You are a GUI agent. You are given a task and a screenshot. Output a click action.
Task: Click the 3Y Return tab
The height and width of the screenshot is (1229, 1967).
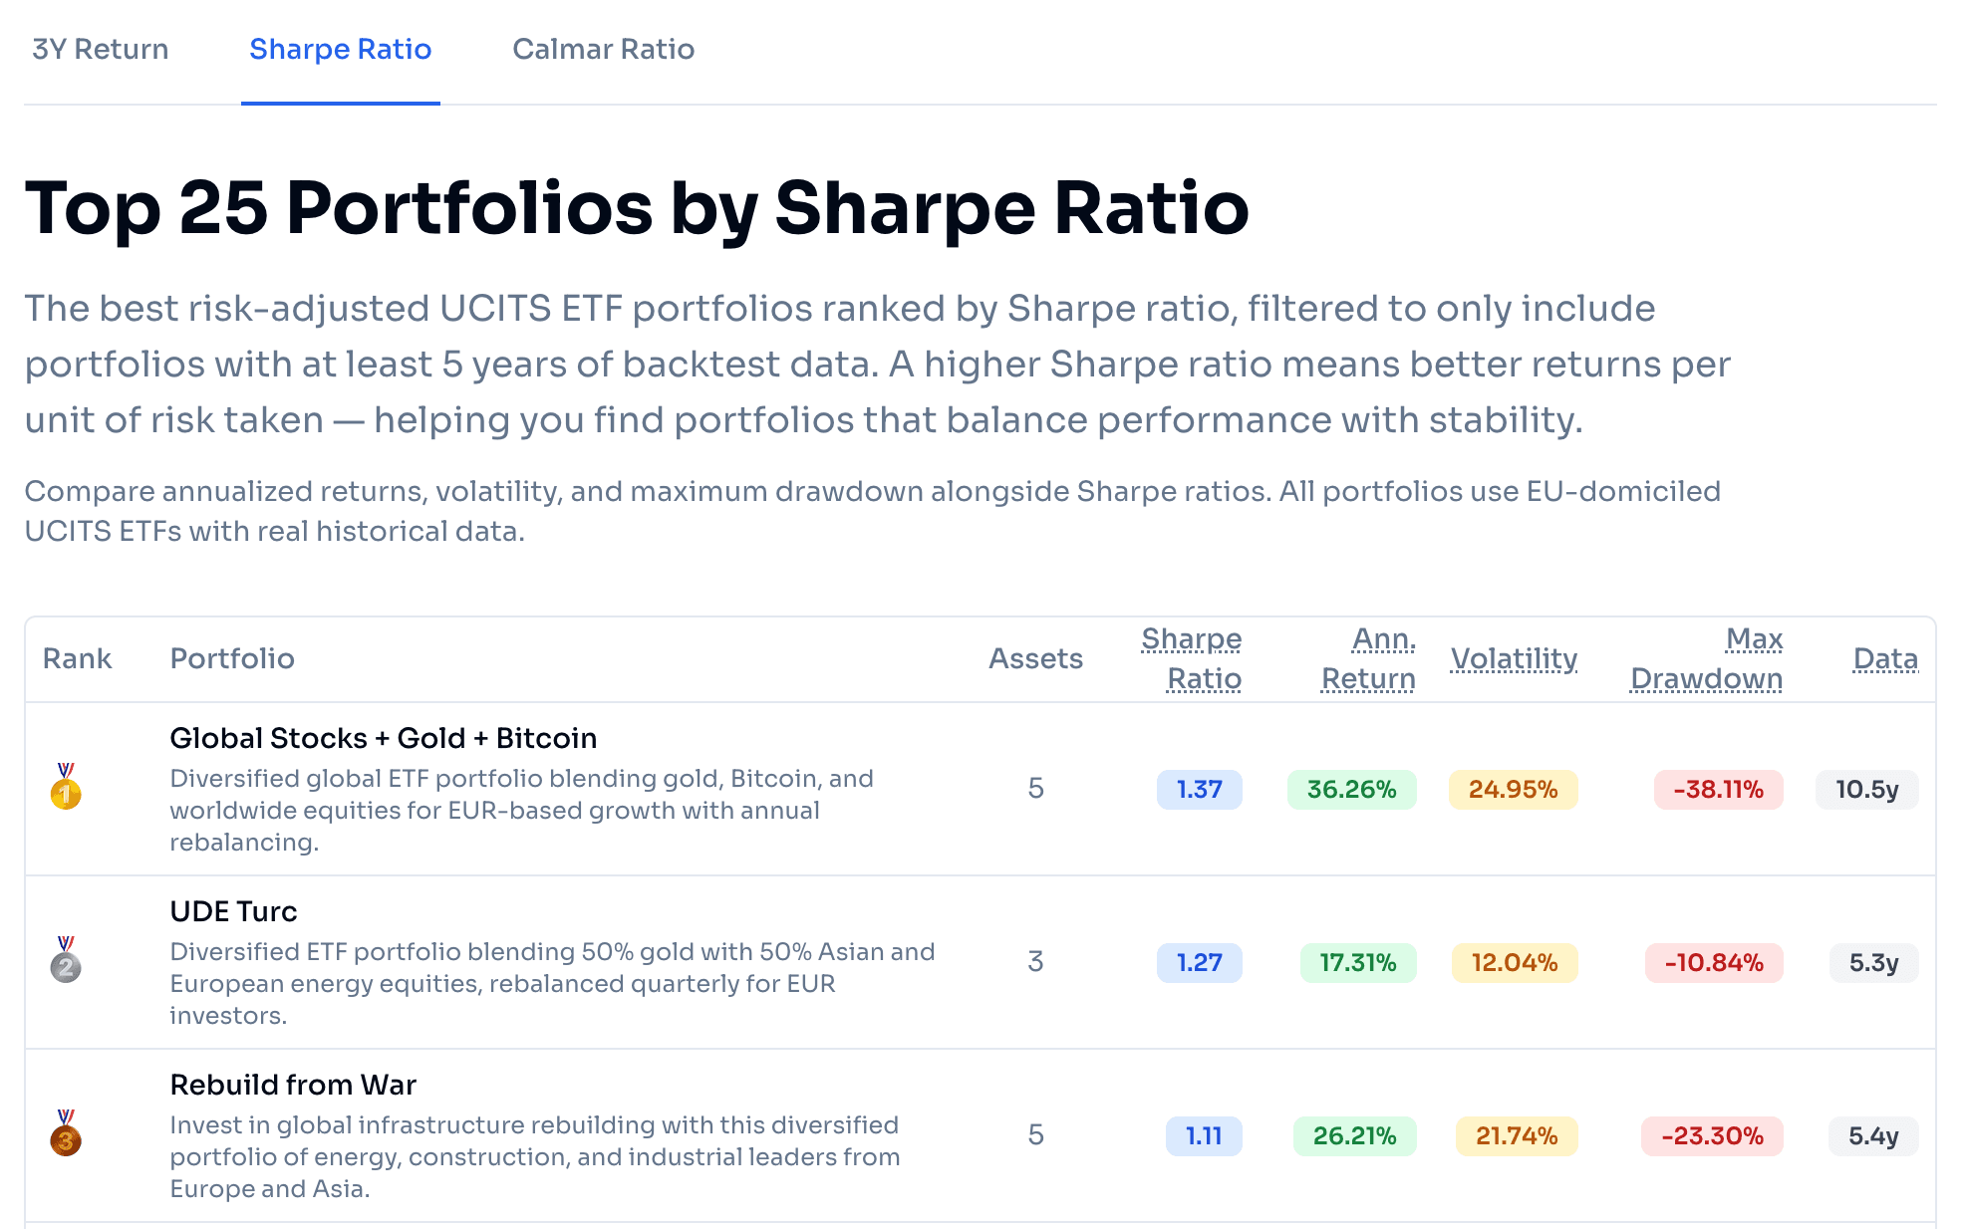click(x=100, y=50)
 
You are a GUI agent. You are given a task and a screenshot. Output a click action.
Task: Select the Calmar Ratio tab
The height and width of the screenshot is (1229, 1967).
click(x=603, y=50)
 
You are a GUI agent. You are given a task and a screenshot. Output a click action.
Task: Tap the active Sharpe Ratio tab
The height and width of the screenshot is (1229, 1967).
click(x=340, y=50)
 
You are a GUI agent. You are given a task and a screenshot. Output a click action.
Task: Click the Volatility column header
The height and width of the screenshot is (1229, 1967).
click(x=1514, y=658)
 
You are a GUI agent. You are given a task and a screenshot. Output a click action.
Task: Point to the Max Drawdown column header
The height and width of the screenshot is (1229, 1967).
click(x=1706, y=658)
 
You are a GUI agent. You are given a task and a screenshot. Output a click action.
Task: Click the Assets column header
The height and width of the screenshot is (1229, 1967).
click(x=1035, y=658)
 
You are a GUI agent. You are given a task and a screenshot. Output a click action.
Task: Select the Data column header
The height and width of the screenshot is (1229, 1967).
click(x=1885, y=658)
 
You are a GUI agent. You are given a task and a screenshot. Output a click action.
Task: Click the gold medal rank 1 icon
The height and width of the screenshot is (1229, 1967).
click(x=66, y=788)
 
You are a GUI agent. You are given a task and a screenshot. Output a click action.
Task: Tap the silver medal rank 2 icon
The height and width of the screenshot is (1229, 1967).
click(x=66, y=961)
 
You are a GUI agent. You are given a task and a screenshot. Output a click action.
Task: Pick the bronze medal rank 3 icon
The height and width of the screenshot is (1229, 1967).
click(x=66, y=1134)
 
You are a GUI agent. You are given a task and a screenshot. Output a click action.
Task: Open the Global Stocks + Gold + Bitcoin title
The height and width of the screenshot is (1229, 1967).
click(x=383, y=738)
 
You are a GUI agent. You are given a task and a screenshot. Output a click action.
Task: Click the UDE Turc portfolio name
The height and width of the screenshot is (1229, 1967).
click(x=233, y=911)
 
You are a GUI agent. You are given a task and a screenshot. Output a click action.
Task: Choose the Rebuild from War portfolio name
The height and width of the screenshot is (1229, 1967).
click(x=293, y=1085)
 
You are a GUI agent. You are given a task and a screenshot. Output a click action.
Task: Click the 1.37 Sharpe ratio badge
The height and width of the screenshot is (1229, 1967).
click(x=1199, y=790)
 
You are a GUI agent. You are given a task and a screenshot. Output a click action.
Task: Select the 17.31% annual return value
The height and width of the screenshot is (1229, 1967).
click(x=1357, y=963)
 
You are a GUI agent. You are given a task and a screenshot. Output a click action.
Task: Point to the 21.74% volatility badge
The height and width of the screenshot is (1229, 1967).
click(x=1517, y=1136)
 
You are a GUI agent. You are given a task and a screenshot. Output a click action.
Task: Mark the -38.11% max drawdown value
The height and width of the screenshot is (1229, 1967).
click(x=1718, y=790)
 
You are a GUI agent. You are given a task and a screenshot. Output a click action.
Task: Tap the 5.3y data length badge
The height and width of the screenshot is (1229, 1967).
click(x=1873, y=963)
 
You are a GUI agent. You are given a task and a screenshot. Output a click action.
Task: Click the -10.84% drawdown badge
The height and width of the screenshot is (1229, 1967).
click(x=1714, y=963)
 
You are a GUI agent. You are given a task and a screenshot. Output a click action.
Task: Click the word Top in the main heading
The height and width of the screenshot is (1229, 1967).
click(x=92, y=209)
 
